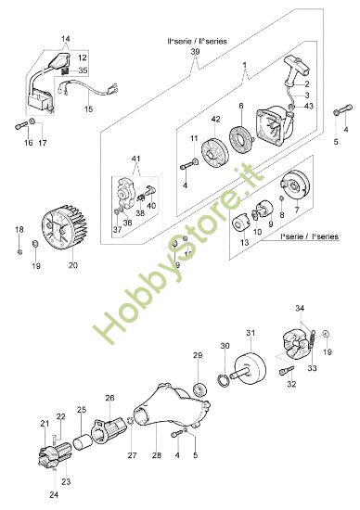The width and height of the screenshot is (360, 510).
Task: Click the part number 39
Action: [x=194, y=53]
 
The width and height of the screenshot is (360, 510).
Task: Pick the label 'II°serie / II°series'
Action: [x=194, y=43]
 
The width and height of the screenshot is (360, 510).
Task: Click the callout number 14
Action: [x=65, y=40]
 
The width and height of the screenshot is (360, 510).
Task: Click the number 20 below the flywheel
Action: [x=72, y=264]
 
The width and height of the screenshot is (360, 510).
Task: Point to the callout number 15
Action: [x=88, y=108]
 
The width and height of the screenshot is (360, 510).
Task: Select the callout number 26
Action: [x=110, y=399]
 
